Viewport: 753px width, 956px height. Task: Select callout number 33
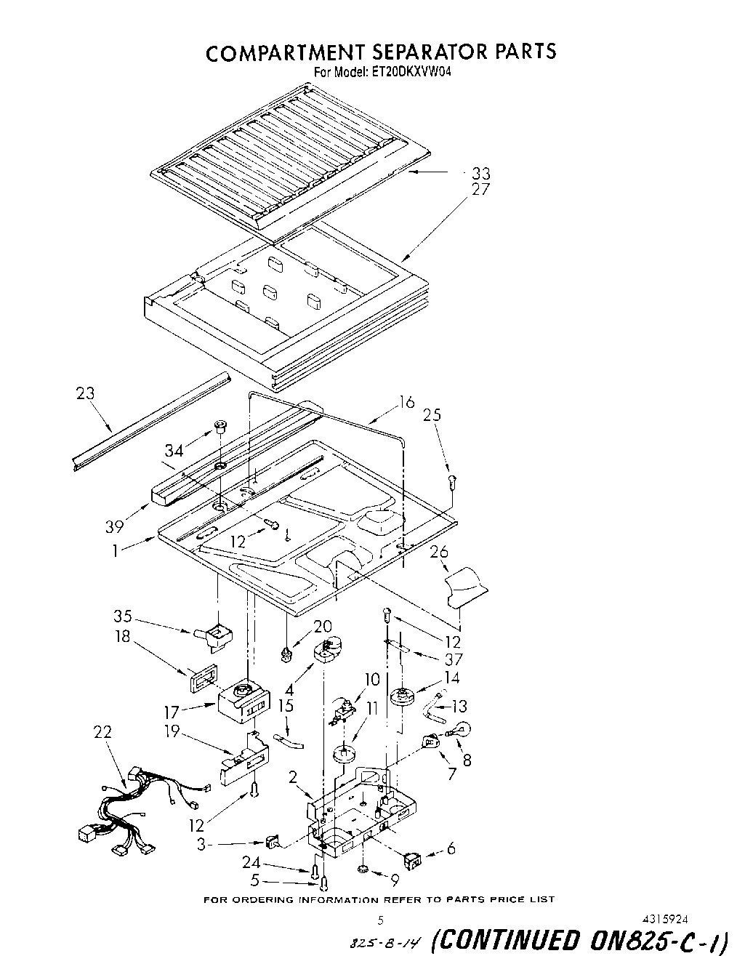(480, 174)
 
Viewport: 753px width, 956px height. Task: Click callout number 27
(480, 190)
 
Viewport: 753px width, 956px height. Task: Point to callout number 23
(85, 393)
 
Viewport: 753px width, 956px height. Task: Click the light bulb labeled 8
(460, 728)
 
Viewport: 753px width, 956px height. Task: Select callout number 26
(439, 552)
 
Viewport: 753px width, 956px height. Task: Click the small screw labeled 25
(451, 480)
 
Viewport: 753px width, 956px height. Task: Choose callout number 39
(114, 526)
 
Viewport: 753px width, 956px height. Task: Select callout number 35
(122, 616)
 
